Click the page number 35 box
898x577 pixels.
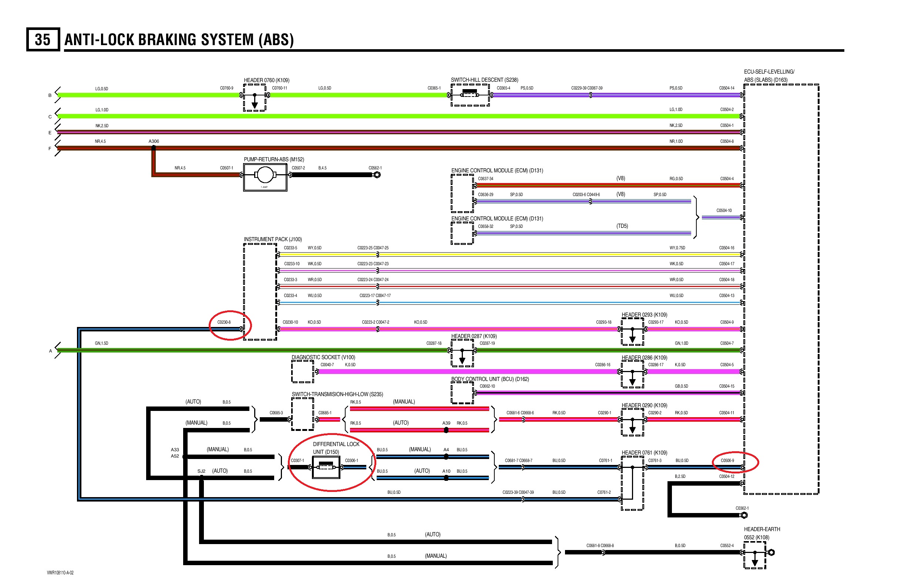(x=43, y=39)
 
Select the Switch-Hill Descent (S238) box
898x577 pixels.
(x=470, y=95)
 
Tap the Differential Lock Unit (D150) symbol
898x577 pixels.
(x=326, y=467)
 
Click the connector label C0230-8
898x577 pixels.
(x=224, y=322)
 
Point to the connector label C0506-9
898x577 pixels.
(x=727, y=460)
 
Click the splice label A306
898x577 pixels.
(x=154, y=141)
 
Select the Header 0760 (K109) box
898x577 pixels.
(x=255, y=97)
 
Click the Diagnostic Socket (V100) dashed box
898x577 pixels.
(x=302, y=372)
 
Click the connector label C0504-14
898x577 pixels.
(x=726, y=88)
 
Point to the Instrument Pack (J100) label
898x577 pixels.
(x=272, y=239)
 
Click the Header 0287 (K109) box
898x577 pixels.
(x=462, y=353)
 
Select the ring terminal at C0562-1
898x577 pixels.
(x=377, y=175)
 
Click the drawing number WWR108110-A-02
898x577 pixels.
(x=60, y=573)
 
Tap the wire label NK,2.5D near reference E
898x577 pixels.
(x=102, y=126)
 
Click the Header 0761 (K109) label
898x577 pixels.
(x=644, y=453)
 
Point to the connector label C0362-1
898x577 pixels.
(x=742, y=509)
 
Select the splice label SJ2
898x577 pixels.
(x=201, y=471)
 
